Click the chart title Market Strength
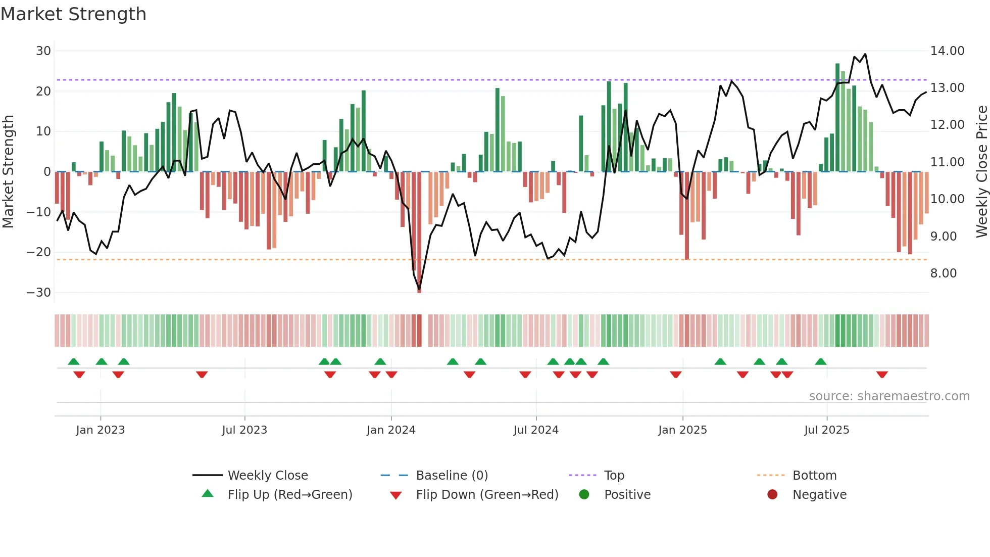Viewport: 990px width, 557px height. point(73,14)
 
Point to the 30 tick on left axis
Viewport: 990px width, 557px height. point(43,51)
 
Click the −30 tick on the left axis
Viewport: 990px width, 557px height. point(39,293)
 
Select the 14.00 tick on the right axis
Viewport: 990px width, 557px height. point(947,51)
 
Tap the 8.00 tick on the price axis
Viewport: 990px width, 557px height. point(943,273)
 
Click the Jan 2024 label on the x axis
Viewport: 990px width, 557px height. point(391,430)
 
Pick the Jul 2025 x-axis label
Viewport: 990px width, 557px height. point(826,430)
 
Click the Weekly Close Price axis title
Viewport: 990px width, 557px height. point(981,171)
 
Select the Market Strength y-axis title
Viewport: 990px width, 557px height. point(9,171)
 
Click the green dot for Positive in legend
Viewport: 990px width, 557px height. point(584,495)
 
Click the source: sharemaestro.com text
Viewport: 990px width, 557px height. point(889,396)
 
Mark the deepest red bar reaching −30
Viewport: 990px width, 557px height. point(419,233)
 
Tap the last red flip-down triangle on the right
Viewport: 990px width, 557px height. point(882,375)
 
